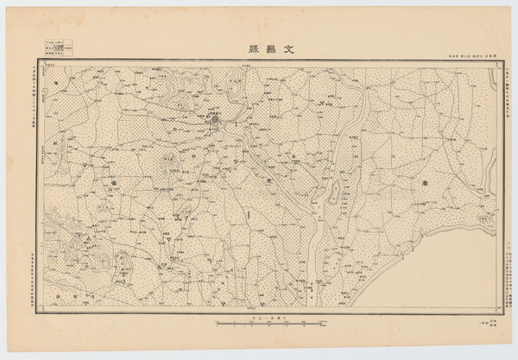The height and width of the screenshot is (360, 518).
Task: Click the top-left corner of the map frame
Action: point(38,62)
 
